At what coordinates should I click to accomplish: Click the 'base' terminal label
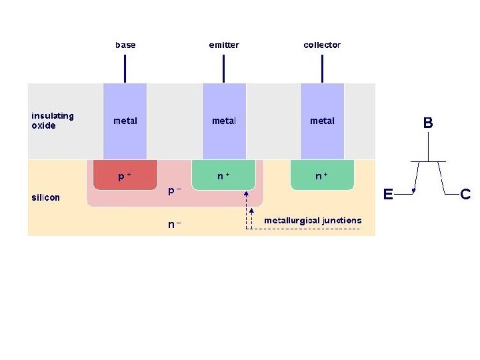(x=125, y=45)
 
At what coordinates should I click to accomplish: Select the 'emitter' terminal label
(x=224, y=45)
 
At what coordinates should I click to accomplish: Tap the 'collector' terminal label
(x=322, y=45)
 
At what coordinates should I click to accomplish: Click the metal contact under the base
(x=125, y=121)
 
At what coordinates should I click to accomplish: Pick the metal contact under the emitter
(x=224, y=121)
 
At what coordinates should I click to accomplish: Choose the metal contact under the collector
(x=322, y=121)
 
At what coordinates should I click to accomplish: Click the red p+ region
(x=125, y=175)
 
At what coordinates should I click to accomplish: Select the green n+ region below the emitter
(x=224, y=175)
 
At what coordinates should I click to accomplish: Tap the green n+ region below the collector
(x=322, y=175)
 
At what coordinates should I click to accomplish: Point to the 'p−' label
(x=175, y=191)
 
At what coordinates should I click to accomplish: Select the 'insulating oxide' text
(x=53, y=121)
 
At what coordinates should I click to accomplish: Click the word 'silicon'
(x=46, y=197)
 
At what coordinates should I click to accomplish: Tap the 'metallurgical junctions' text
(x=313, y=220)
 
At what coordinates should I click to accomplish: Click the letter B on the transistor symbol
(x=428, y=123)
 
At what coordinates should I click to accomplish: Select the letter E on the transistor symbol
(x=387, y=195)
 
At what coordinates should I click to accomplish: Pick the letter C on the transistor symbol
(x=465, y=195)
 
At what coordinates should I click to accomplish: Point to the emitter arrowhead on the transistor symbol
(x=414, y=192)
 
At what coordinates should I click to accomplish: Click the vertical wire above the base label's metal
(x=125, y=68)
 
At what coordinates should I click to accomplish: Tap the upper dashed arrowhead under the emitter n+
(x=247, y=193)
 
